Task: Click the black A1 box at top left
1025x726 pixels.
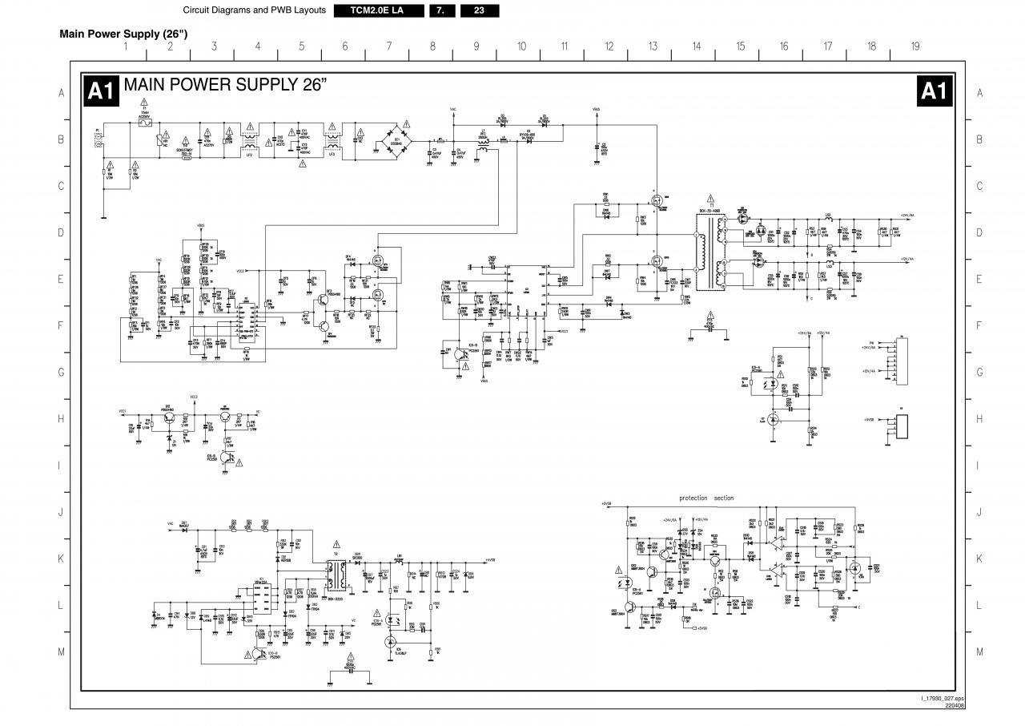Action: (x=102, y=91)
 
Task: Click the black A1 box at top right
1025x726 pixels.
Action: (x=934, y=91)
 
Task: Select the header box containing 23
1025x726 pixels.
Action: (x=479, y=10)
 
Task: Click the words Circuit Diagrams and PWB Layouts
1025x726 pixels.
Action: (x=254, y=10)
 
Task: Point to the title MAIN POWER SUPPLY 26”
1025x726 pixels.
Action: (x=226, y=85)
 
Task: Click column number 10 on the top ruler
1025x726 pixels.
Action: (x=521, y=46)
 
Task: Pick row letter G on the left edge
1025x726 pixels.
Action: (x=61, y=373)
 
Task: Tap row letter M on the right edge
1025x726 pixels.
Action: (x=979, y=652)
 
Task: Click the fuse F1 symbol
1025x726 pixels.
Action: (x=145, y=124)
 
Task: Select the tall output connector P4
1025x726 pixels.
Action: (x=902, y=358)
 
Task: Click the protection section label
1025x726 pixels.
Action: (x=706, y=498)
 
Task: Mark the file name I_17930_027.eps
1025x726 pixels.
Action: (x=943, y=699)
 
